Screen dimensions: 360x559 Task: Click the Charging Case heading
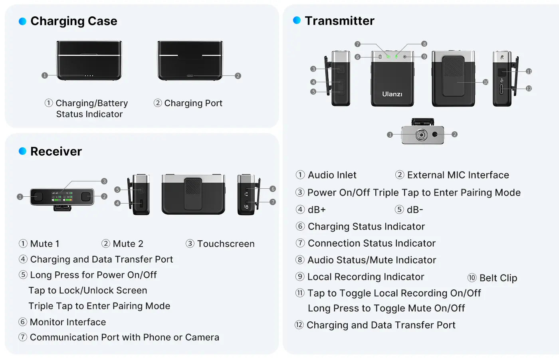(73, 21)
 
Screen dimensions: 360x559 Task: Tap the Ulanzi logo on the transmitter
(392, 94)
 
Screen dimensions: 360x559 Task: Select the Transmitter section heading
(339, 21)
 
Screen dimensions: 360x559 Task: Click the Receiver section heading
(56, 152)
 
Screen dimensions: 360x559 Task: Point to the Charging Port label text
(193, 103)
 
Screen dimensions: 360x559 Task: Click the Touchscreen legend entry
(226, 244)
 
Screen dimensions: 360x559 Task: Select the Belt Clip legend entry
(498, 278)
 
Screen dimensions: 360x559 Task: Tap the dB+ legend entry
(317, 210)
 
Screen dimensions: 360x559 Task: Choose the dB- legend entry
(415, 210)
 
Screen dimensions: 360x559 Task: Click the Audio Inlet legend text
(332, 175)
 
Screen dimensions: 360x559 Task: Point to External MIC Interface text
(458, 175)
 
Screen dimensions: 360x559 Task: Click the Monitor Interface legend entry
(68, 322)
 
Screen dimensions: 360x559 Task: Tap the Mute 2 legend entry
(128, 244)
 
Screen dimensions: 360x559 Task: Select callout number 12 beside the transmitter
(529, 89)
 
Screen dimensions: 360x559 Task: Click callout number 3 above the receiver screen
(104, 181)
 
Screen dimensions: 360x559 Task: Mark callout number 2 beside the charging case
(238, 76)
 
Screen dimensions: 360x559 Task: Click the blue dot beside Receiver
(22, 151)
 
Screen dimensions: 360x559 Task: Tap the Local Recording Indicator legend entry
(365, 277)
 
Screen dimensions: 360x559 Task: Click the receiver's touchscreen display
(62, 196)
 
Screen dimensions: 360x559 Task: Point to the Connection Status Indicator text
(371, 243)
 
